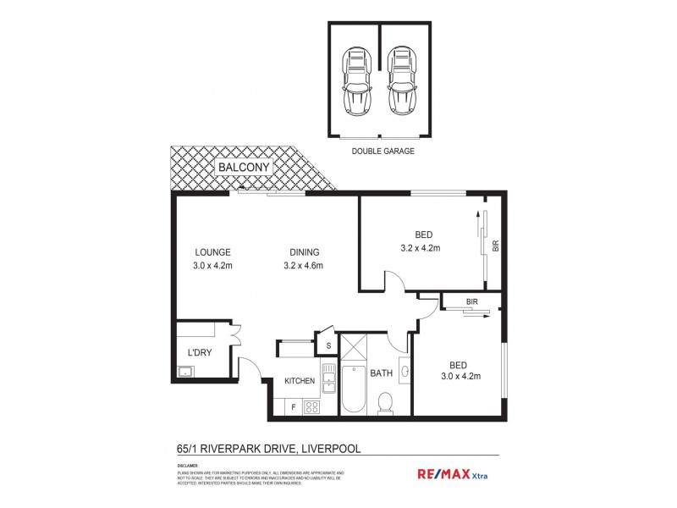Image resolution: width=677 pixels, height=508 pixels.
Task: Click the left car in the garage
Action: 357,82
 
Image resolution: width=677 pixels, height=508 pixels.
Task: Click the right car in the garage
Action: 402,82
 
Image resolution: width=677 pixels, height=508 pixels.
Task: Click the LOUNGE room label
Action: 212,251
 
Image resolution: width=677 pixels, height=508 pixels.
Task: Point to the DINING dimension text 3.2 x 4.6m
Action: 302,266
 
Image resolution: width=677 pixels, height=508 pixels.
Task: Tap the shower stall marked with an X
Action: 354,346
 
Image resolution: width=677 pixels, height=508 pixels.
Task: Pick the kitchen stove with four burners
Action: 311,406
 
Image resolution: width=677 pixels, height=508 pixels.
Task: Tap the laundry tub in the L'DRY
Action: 184,371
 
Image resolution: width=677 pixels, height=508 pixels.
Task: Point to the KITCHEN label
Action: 300,381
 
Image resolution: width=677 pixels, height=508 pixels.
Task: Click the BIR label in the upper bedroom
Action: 496,246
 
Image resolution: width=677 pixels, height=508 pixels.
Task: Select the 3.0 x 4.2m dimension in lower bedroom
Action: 460,378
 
